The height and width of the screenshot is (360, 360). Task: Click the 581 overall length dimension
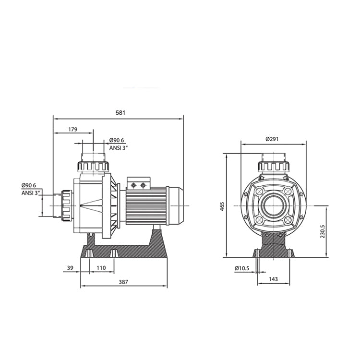pyautogui.click(x=120, y=113)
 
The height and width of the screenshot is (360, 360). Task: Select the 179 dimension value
pyautogui.click(x=73, y=129)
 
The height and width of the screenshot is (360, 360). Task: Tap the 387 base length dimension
pyautogui.click(x=123, y=282)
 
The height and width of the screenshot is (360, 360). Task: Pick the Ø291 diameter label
pyautogui.click(x=272, y=139)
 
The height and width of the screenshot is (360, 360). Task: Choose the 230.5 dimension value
pyautogui.click(x=323, y=231)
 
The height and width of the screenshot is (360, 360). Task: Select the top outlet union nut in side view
pyautogui.click(x=93, y=166)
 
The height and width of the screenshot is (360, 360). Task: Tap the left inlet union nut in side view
pyautogui.click(x=66, y=205)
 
